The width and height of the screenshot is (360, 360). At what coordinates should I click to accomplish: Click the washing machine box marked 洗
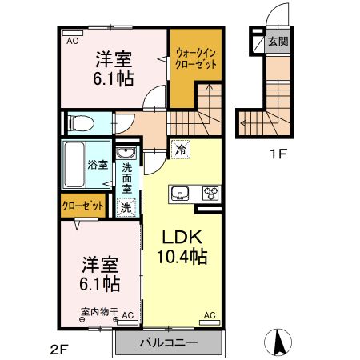[126, 206]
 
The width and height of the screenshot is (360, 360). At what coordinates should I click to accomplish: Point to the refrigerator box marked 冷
[182, 149]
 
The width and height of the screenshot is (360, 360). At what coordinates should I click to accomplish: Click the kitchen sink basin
[178, 193]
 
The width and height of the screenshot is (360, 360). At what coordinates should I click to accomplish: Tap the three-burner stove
[211, 192]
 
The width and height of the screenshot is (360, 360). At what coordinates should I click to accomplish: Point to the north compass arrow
[280, 342]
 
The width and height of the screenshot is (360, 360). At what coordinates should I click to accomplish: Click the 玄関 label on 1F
[277, 42]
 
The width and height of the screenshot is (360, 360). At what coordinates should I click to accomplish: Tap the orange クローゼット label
[83, 206]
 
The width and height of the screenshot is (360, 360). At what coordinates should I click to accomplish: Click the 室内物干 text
[98, 311]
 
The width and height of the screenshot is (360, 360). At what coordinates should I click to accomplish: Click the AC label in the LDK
[210, 315]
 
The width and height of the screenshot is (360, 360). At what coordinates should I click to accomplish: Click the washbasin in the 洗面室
[126, 154]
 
